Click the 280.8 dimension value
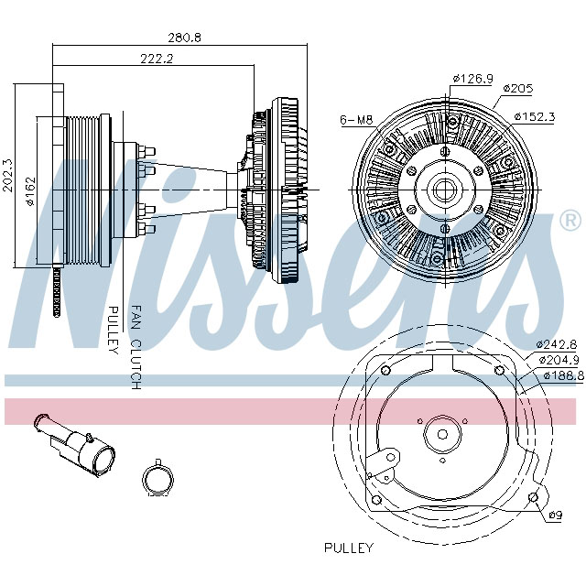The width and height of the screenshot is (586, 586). point(184,38)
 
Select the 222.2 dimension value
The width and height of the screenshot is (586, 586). point(157,59)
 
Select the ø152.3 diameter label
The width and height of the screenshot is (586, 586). point(536,116)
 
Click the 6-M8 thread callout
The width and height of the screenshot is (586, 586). point(355,120)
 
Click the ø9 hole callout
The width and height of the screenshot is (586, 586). point(554,515)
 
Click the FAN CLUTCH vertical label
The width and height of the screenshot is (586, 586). point(136,348)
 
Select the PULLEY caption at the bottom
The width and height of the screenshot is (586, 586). point(349,548)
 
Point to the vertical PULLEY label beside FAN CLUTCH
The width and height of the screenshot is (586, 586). point(114,330)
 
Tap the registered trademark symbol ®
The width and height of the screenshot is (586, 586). point(569,221)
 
